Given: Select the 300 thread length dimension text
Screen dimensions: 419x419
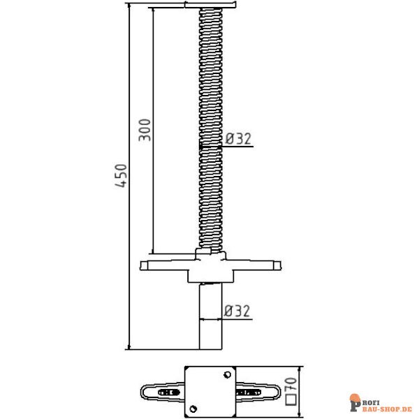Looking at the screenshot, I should (x=145, y=130).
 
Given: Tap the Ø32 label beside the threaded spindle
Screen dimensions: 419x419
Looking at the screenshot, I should (x=237, y=138).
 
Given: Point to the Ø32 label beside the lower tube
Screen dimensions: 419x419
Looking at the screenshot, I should (x=237, y=311).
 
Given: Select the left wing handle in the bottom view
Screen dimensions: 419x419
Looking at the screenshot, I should (x=161, y=392).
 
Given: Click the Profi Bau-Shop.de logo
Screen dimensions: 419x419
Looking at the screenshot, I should (x=380, y=402).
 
